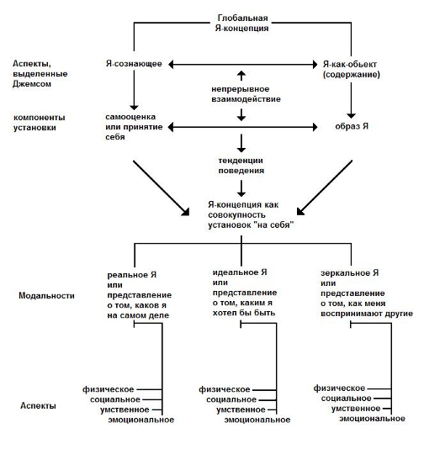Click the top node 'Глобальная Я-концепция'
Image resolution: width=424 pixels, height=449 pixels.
tap(242, 24)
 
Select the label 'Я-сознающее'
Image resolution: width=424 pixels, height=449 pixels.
tap(134, 64)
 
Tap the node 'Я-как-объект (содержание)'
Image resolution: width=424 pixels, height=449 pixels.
tap(352, 69)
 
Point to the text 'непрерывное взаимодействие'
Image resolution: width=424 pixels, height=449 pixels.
tap(246, 94)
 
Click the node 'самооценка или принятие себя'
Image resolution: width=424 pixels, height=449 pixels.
tap(134, 127)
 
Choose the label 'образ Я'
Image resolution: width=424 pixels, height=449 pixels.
tap(352, 126)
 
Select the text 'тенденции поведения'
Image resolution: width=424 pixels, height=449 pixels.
tap(241, 166)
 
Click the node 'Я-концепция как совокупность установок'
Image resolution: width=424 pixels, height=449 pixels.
tap(252, 214)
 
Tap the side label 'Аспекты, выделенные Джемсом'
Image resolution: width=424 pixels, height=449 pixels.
tap(40, 74)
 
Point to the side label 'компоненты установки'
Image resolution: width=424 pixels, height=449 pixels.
tap(40, 122)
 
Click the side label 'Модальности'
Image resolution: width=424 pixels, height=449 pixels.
tap(46, 295)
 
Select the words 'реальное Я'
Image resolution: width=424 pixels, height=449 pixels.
tap(132, 275)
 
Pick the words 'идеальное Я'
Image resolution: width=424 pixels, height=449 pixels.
tap(240, 272)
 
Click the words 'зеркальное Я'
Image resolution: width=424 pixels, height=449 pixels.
tap(349, 273)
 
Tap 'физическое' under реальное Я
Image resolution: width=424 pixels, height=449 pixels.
tap(109, 389)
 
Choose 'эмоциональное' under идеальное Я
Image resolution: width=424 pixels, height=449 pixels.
tap(257, 420)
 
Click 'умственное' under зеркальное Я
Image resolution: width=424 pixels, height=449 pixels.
tap(356, 409)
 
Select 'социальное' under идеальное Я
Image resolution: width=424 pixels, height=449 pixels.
tap(231, 399)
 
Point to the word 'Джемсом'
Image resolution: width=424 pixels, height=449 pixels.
tap(32, 84)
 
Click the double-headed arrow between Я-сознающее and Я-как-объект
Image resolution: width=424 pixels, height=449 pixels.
tap(242, 65)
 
